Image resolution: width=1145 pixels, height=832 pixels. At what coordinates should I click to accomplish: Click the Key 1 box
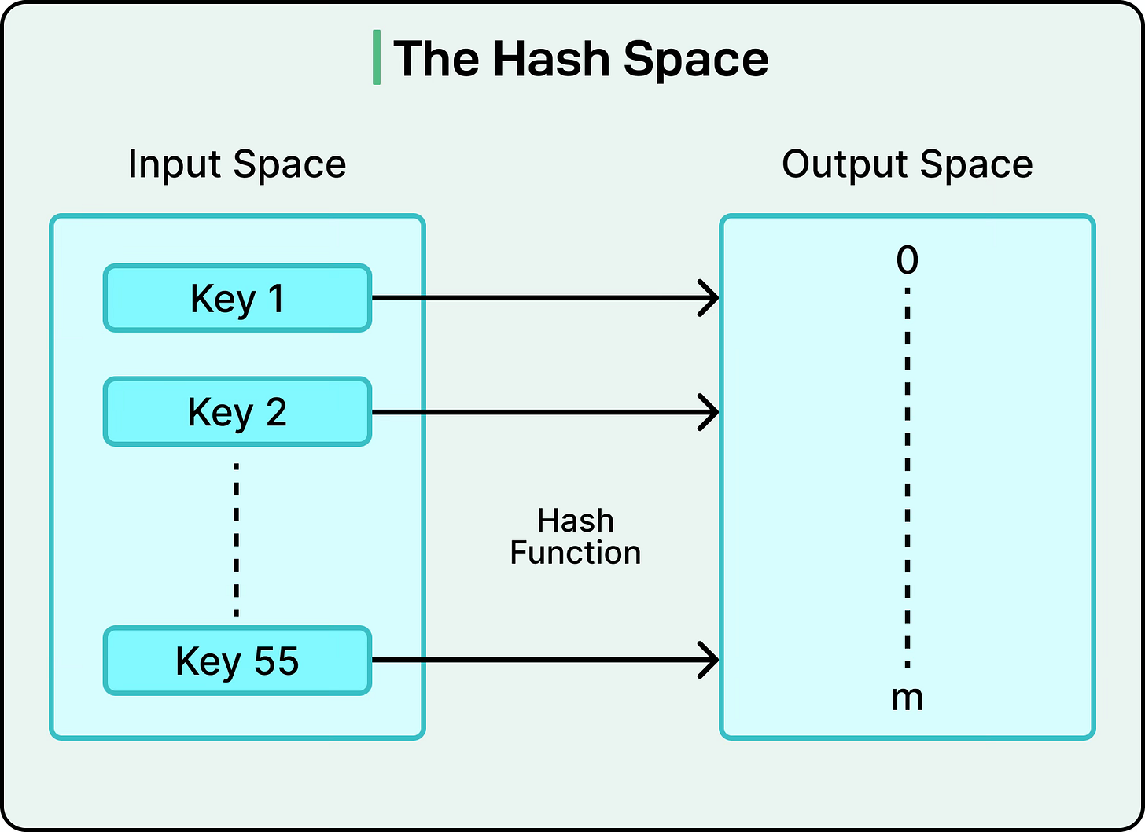point(237,298)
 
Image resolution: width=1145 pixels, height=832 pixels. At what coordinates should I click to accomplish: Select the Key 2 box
point(237,412)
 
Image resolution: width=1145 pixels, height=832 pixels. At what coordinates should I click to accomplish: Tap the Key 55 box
point(237,661)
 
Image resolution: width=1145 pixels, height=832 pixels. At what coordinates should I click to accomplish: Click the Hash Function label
point(575,536)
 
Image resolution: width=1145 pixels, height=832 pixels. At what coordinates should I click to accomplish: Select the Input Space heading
point(237,164)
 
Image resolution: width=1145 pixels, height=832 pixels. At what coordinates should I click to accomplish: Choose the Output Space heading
point(907,164)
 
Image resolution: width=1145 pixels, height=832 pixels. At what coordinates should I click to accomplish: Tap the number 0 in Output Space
point(907,260)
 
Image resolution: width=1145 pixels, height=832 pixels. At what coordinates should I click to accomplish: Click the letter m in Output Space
point(907,698)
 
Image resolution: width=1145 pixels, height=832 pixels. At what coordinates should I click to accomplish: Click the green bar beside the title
point(377,57)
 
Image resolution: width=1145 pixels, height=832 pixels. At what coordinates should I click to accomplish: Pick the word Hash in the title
point(551,59)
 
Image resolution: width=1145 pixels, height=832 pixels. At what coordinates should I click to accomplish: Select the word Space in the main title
point(695,59)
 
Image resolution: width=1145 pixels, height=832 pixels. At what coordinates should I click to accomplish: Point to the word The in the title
point(436,59)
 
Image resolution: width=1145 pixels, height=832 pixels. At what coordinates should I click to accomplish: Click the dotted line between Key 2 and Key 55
point(236,539)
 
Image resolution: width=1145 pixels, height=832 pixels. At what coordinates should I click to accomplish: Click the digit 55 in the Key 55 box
point(276,661)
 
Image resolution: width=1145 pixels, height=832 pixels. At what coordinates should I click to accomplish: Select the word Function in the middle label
point(575,553)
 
